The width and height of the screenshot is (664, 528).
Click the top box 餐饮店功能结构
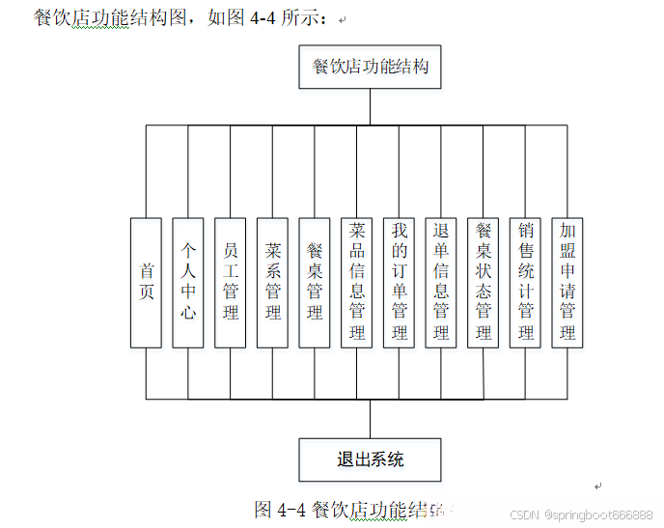(370, 68)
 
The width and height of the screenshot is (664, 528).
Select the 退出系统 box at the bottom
(370, 459)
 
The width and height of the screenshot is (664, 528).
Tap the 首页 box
(146, 282)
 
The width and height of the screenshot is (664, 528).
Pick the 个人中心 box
(188, 282)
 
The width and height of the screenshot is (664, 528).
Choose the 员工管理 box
(231, 282)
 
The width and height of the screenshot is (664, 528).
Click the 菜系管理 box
(273, 282)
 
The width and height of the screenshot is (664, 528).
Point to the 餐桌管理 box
(315, 282)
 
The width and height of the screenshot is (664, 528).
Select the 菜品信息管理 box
(357, 282)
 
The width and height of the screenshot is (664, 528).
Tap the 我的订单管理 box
(400, 282)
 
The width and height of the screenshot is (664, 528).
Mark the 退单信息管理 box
(441, 282)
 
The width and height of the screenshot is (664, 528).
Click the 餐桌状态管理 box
(484, 282)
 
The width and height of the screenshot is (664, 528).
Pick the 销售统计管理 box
(526, 282)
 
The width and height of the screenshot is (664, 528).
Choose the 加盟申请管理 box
(567, 282)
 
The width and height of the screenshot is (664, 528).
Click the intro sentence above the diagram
(183, 18)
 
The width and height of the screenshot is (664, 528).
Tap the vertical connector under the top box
(370, 107)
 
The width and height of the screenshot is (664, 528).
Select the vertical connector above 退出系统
(370, 418)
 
